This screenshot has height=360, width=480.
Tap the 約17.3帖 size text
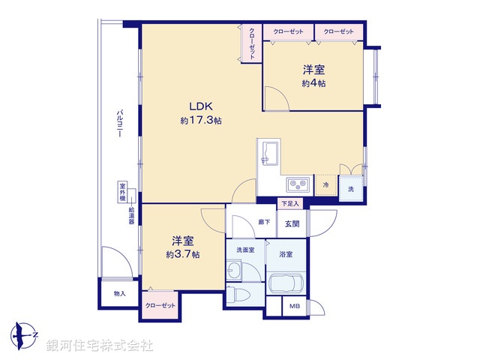point(200,120)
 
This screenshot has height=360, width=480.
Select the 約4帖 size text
point(314,83)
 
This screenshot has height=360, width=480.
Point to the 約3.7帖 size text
point(183,254)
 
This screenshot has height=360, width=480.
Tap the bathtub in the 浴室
point(285,285)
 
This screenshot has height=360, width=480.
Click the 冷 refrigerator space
point(325,184)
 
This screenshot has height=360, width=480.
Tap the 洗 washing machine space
point(350,188)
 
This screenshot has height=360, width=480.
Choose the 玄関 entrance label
point(291,223)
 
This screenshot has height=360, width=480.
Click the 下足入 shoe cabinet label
point(289,203)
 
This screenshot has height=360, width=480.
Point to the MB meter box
point(293,306)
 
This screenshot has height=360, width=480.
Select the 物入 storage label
point(119,293)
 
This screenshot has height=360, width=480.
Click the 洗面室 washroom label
point(244,250)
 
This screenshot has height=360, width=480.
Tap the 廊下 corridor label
point(264,222)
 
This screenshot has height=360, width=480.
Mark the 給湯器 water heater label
point(131,217)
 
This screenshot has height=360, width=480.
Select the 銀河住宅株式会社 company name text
point(100,346)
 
